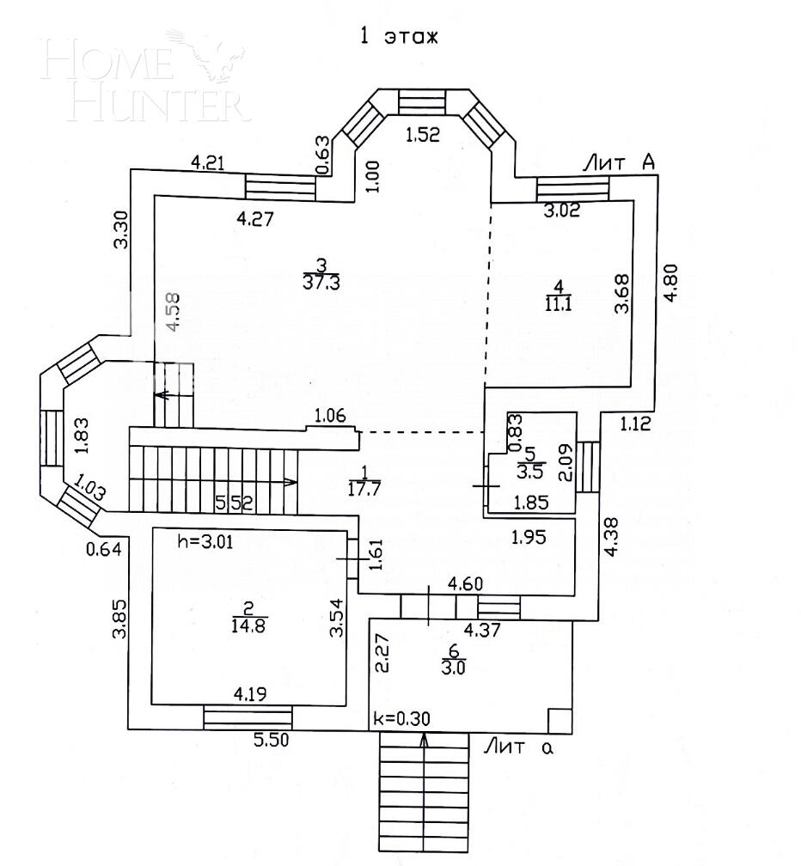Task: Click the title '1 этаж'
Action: click(x=397, y=36)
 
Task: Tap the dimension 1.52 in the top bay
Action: click(x=422, y=134)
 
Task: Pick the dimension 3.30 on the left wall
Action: click(x=122, y=229)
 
